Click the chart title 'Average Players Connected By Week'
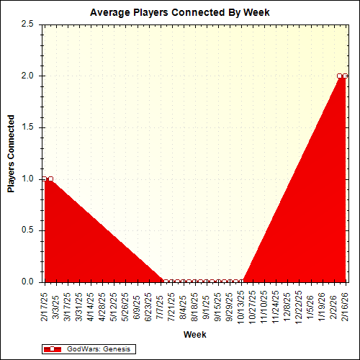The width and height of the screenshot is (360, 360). (x=179, y=12)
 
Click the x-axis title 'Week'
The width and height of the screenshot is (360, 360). (x=194, y=335)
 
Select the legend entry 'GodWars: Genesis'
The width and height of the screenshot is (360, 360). (x=98, y=348)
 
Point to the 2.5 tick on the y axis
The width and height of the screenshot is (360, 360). (x=29, y=24)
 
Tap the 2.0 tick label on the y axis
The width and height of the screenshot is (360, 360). (x=29, y=76)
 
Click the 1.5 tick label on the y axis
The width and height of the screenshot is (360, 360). (x=29, y=127)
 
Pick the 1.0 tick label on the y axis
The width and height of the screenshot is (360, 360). (x=29, y=179)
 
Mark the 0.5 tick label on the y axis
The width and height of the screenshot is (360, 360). (x=29, y=230)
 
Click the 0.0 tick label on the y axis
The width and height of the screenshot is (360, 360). (x=29, y=282)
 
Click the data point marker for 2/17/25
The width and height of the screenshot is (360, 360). (x=45, y=179)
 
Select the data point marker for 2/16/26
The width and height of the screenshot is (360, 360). (x=345, y=76)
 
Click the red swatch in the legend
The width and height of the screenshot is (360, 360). (x=53, y=348)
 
